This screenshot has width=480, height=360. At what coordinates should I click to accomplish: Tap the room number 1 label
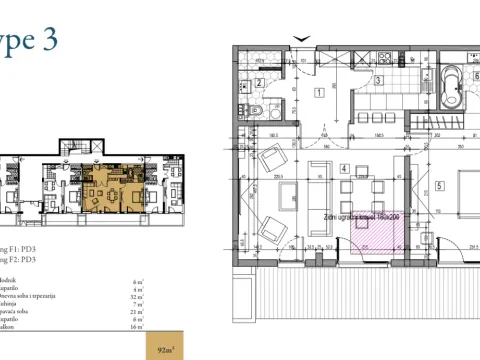(x=318, y=93)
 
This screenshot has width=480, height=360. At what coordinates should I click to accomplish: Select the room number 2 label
(x=258, y=84)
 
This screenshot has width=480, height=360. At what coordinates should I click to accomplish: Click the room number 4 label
(x=342, y=169)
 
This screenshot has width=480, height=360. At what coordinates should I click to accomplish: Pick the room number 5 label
(x=439, y=186)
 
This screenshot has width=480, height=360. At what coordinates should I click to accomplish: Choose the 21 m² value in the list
(x=137, y=311)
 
